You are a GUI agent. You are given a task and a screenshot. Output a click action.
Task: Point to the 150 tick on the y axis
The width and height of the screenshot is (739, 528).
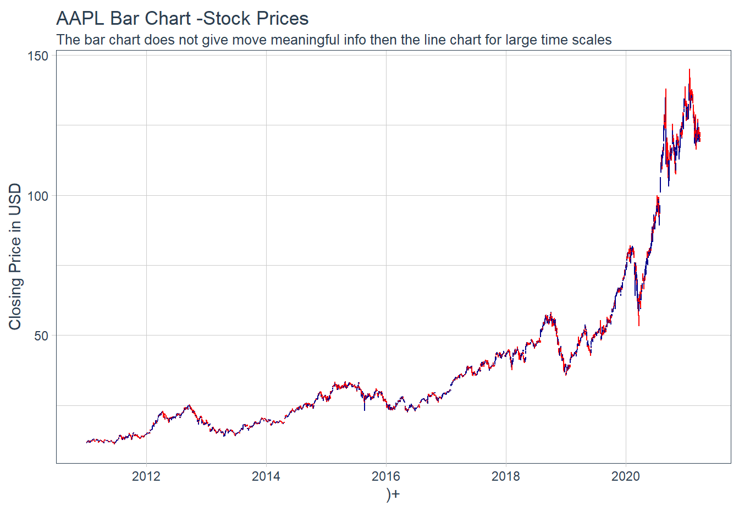(38, 56)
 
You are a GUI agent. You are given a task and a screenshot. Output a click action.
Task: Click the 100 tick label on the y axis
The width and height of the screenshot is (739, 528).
(38, 196)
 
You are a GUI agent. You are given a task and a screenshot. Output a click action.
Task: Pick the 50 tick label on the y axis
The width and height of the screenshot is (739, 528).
(41, 336)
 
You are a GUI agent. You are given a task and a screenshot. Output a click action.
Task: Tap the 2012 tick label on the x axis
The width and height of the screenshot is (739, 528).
(146, 476)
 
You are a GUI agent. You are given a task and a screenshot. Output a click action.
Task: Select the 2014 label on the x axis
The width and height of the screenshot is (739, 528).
(266, 476)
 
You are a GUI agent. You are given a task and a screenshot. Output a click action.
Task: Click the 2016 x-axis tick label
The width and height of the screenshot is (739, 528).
(386, 476)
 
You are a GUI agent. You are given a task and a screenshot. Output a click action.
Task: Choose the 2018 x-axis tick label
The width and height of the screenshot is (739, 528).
(506, 476)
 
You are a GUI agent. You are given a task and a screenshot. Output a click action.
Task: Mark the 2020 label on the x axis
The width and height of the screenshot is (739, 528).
(626, 476)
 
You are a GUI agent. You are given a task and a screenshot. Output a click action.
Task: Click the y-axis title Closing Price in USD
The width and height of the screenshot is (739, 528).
(15, 256)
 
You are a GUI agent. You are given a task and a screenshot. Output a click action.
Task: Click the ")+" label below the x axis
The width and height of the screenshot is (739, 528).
(393, 494)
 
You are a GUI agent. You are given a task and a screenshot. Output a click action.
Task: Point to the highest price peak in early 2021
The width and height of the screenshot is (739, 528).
(690, 70)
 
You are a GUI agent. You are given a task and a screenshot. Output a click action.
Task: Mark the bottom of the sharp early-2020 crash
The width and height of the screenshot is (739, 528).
(639, 324)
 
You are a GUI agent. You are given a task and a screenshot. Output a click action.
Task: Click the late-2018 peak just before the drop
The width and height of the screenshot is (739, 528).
(550, 313)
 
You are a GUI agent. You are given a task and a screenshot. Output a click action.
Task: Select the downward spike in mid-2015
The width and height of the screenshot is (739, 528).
(364, 409)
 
